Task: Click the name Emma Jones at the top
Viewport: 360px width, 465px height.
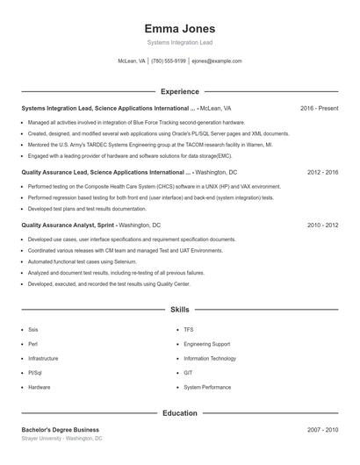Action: (179, 28)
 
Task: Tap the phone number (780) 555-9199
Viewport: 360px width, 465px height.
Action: (169, 61)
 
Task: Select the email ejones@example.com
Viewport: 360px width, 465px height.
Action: (216, 61)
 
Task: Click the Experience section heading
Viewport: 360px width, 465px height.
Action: (179, 91)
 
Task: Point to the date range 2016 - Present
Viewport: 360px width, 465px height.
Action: (319, 108)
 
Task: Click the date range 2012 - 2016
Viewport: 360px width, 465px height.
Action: (322, 173)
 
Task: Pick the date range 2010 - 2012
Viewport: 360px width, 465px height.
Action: (322, 225)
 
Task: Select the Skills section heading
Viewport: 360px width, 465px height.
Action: (179, 310)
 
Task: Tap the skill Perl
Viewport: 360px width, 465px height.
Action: (32, 344)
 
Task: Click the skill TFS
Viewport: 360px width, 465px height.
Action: (189, 330)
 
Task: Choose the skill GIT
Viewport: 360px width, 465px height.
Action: (188, 373)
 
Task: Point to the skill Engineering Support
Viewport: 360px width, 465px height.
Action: (206, 344)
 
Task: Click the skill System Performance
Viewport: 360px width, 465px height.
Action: (207, 387)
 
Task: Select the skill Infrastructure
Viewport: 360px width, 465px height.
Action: (43, 359)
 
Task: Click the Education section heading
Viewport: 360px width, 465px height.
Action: (179, 412)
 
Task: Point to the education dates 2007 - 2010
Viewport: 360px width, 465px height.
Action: (322, 429)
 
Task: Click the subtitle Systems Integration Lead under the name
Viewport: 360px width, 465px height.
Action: (179, 42)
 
